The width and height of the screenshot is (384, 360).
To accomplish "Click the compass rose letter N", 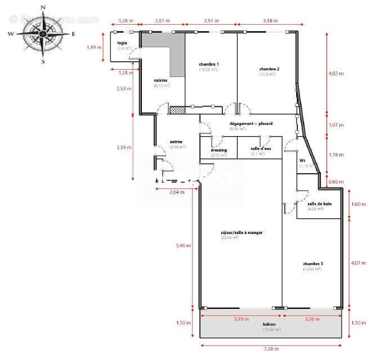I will point(43,8).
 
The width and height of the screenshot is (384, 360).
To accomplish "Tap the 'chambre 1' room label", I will point(208,64).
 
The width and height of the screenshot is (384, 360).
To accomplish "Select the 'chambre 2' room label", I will point(269,69).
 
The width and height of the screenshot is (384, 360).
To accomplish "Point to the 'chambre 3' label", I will point(312,263).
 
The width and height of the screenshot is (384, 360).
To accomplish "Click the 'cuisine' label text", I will point(161,80).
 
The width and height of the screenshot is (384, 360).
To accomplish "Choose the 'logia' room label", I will point(122,43).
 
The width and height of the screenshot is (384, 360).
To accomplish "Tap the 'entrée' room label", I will point(176,142).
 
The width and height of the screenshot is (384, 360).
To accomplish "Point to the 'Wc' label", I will point(302,160).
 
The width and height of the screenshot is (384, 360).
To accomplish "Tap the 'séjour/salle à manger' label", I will point(242,232).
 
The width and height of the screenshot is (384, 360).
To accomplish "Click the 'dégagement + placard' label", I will point(251,123).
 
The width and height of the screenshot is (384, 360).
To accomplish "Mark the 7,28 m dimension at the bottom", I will point(271,349).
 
